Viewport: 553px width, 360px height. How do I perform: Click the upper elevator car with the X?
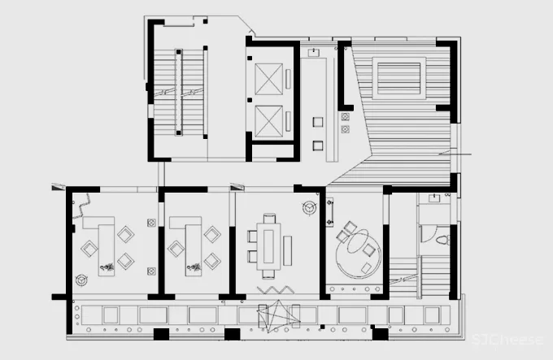(268, 79)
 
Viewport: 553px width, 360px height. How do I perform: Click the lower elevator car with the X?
(268, 121)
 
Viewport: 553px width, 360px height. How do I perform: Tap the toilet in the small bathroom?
(443, 241)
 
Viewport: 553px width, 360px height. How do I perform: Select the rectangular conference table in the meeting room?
(268, 246)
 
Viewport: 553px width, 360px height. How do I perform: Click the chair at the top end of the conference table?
(269, 218)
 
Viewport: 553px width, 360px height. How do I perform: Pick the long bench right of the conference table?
(287, 250)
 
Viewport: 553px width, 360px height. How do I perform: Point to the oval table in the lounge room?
(358, 241)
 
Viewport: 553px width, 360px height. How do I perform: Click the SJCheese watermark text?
(507, 340)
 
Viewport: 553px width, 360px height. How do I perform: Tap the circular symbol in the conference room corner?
(310, 208)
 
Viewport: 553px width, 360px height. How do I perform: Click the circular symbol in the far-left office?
(82, 280)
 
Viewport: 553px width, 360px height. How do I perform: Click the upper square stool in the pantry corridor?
(318, 122)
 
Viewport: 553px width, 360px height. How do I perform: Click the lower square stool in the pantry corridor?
(318, 145)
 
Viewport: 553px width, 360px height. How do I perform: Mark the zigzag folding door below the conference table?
(276, 290)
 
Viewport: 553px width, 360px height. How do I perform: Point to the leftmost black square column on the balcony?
(161, 334)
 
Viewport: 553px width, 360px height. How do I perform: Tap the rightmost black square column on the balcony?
(381, 334)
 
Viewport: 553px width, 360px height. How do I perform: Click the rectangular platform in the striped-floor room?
(398, 78)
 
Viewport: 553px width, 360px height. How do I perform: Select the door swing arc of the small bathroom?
(429, 234)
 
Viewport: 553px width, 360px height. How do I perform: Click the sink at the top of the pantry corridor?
(314, 53)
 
